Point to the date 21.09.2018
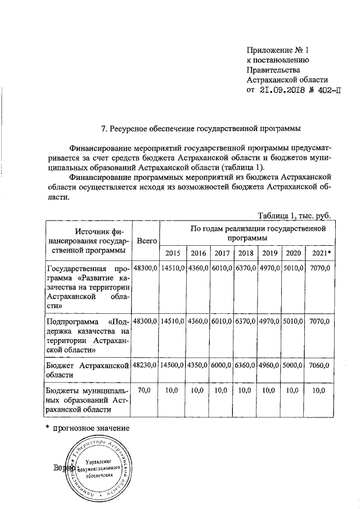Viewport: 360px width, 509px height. (x=282, y=90)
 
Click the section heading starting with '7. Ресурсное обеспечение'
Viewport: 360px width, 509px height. (x=200, y=129)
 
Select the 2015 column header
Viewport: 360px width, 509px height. (x=173, y=253)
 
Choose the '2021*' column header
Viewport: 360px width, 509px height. (x=321, y=253)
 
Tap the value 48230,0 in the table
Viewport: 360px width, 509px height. (x=145, y=365)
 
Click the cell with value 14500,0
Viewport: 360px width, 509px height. (x=173, y=365)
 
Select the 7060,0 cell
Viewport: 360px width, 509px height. (x=321, y=365)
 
